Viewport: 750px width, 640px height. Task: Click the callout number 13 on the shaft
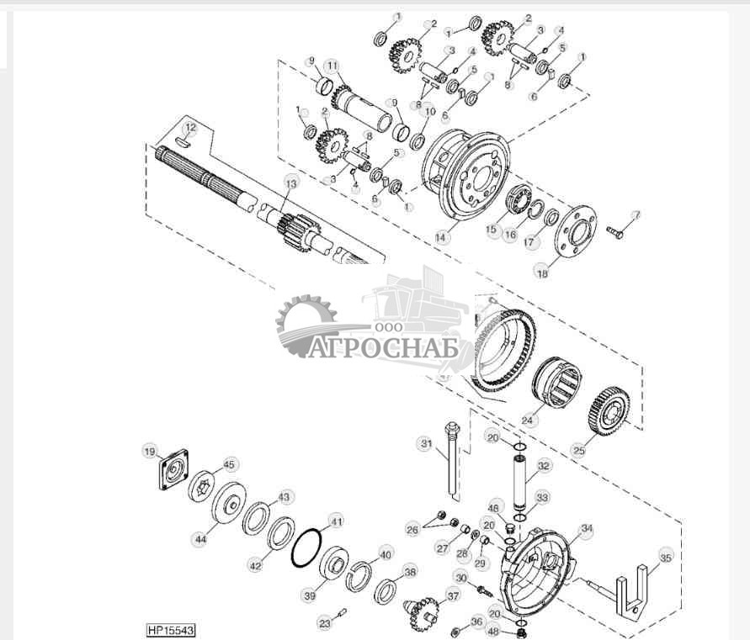291,182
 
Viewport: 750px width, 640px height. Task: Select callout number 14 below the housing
440,237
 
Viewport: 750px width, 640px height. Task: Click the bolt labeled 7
614,230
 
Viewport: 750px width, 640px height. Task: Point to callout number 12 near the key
191,128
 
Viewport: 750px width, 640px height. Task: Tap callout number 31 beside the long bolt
426,443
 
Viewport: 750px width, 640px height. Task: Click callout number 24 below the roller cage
528,418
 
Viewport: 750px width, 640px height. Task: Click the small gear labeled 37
421,611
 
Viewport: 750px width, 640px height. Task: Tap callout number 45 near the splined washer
229,463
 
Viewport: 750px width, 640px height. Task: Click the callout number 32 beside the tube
544,464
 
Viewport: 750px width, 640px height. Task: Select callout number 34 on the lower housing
586,529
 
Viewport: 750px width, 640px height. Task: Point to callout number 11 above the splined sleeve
332,65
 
